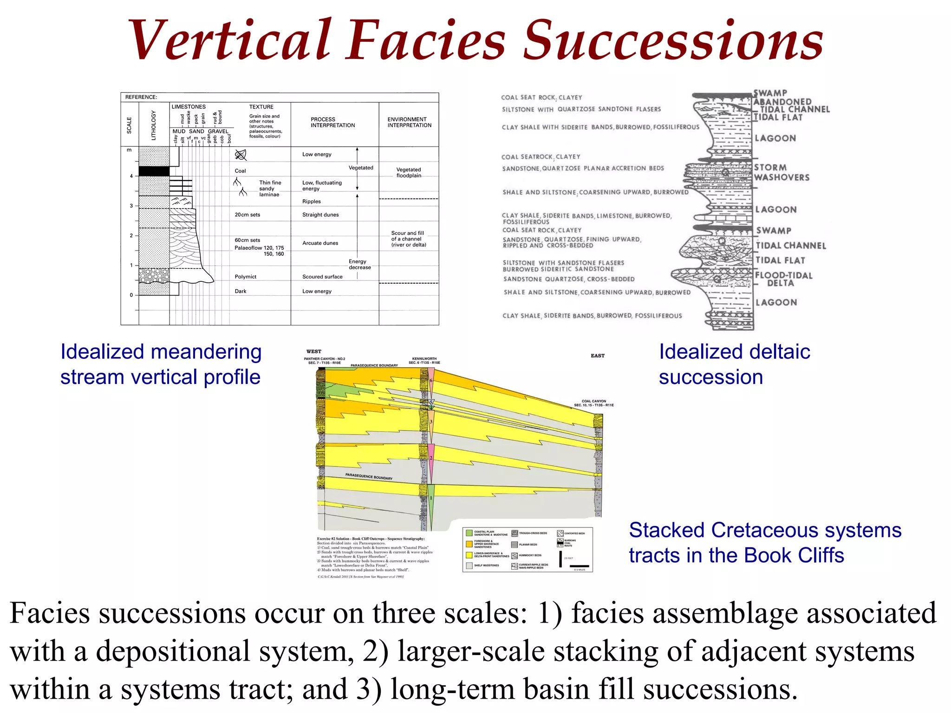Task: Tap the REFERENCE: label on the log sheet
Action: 141,97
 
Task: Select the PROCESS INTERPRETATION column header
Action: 332,122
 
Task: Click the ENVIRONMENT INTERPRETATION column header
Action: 409,122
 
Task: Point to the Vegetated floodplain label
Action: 409,173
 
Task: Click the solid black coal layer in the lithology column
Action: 154,171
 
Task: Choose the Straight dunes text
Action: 320,215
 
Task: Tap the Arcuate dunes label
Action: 320,243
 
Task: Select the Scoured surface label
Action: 322,277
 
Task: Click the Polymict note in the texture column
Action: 246,277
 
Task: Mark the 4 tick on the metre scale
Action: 131,176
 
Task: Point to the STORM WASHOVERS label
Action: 782,172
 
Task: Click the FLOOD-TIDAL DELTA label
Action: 783,279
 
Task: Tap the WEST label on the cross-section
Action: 314,351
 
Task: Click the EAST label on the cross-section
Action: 598,356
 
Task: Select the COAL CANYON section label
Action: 593,403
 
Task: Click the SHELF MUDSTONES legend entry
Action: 486,565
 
